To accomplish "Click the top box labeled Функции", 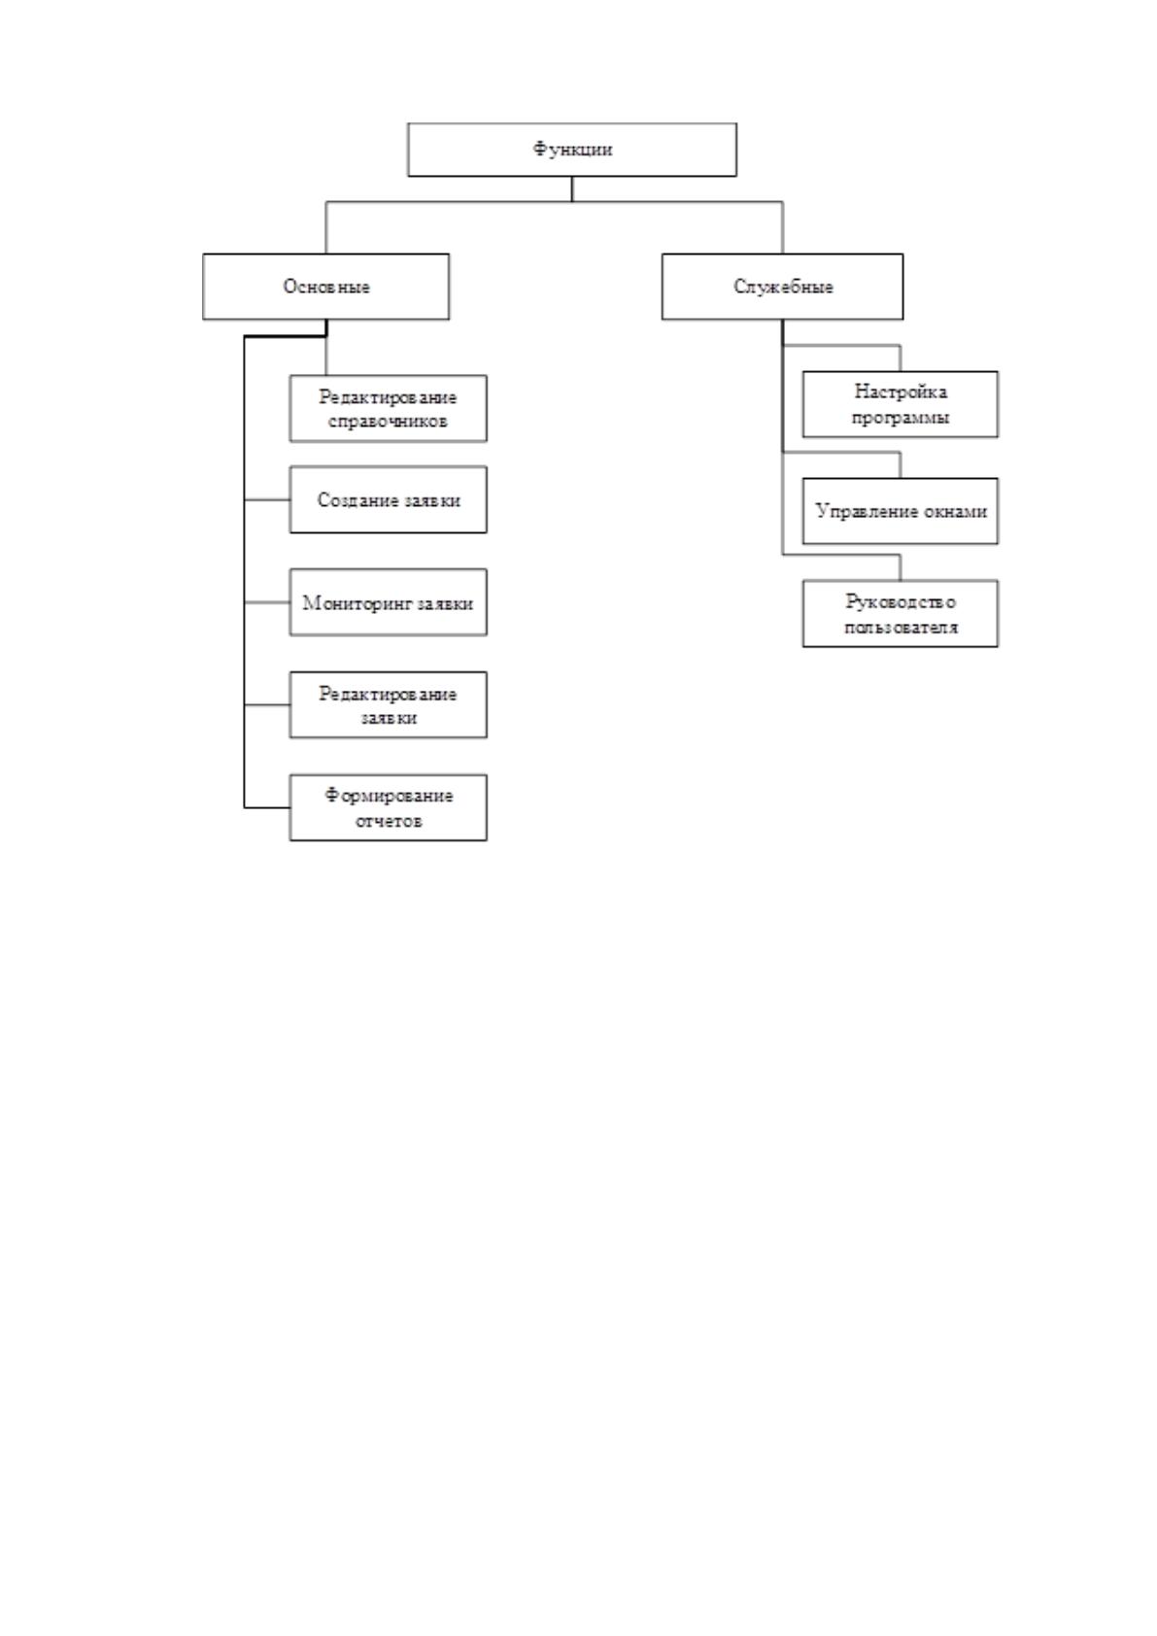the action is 572,150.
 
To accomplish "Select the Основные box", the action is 325,287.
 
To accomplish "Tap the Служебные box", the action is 782,287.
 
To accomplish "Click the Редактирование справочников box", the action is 388,408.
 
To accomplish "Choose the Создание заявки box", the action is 388,499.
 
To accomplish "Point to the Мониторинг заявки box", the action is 388,602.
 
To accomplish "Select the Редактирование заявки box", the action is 388,704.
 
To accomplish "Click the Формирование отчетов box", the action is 388,807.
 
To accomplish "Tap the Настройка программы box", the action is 900,404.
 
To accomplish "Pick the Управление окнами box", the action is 900,511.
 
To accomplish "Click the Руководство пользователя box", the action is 900,614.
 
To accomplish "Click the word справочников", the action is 388,422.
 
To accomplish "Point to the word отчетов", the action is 389,821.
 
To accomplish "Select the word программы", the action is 901,419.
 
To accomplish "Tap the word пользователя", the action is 901,628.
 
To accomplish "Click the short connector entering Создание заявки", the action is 266,500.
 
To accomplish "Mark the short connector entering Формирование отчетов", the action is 266,807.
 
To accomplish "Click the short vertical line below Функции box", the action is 572,189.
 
